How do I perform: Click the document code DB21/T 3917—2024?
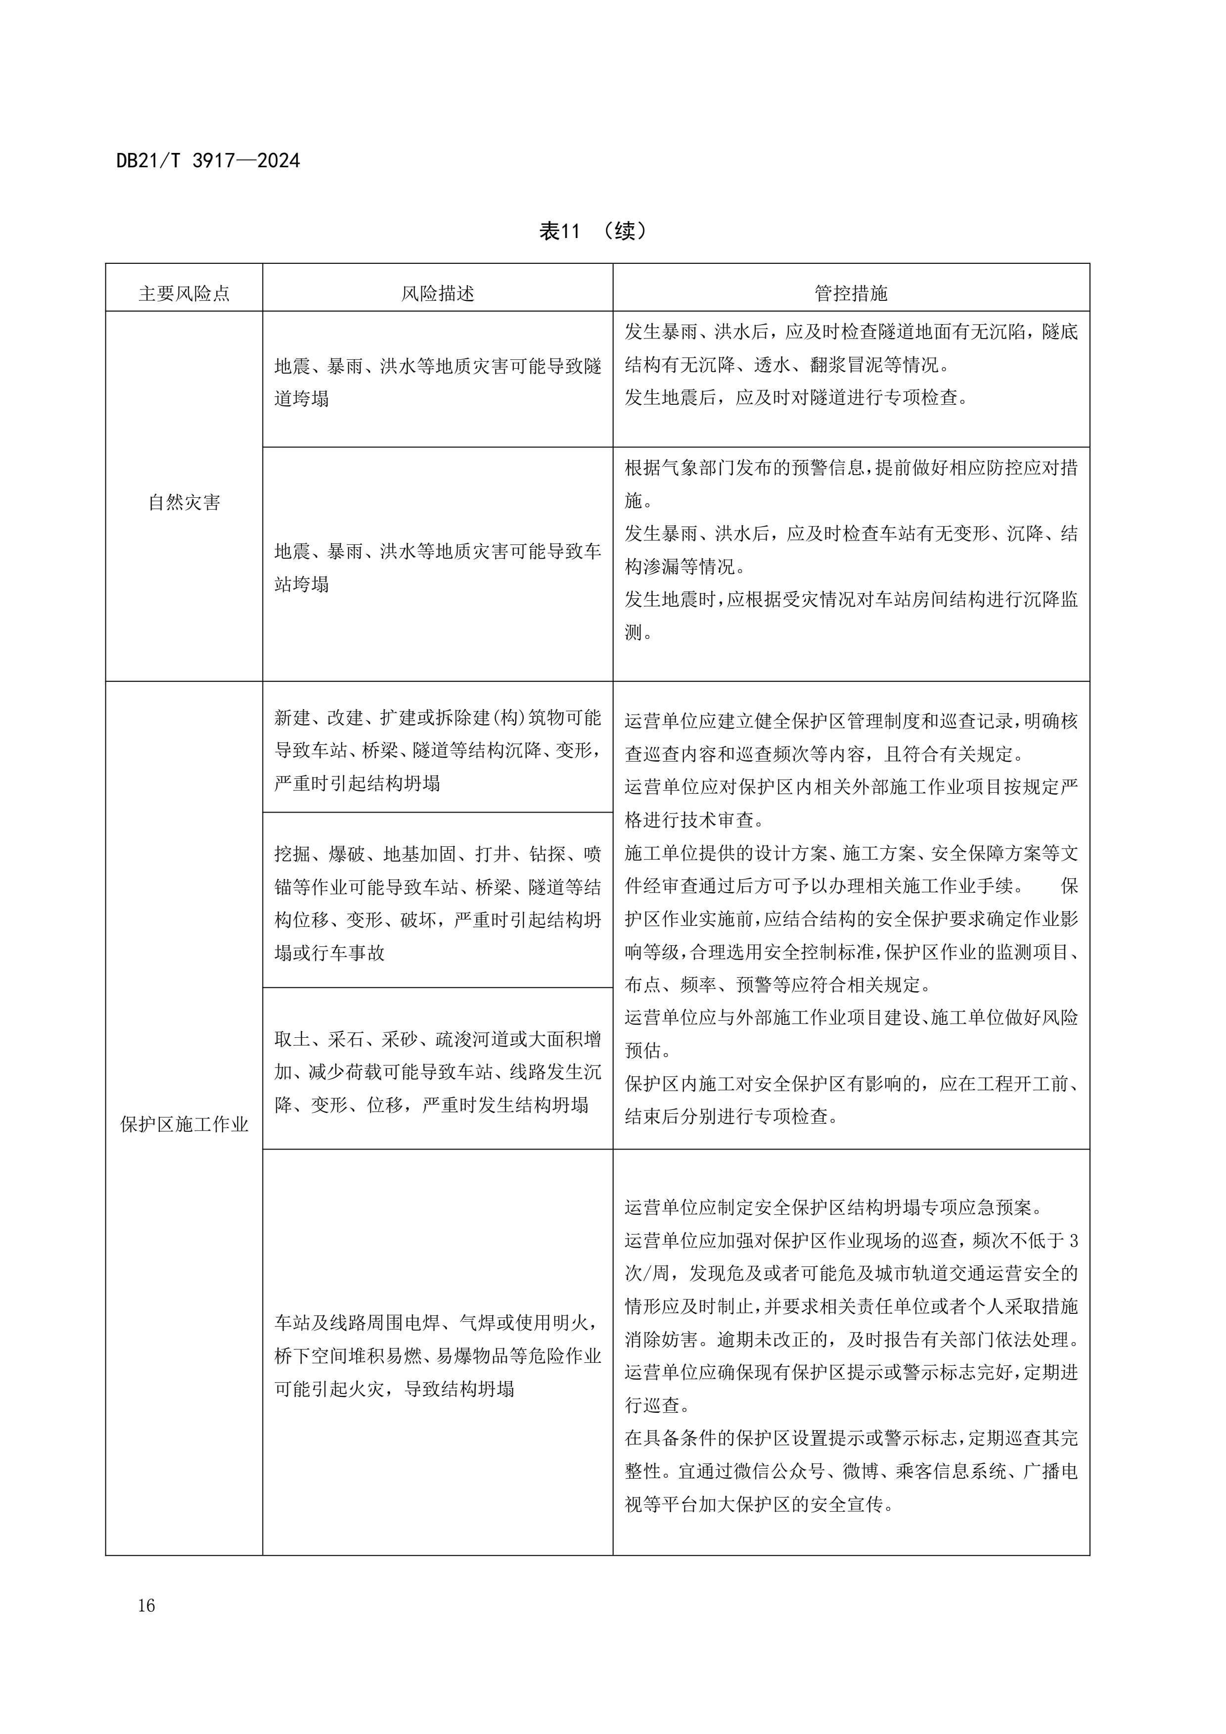(208, 161)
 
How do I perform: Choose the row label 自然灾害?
(184, 502)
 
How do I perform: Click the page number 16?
(146, 1606)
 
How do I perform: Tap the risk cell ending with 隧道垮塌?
(437, 382)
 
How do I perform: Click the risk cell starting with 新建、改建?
(437, 750)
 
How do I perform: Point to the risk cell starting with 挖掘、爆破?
(437, 903)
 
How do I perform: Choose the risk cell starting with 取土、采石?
(437, 1072)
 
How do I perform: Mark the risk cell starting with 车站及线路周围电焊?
(437, 1355)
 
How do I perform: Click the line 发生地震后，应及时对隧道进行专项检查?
(796, 397)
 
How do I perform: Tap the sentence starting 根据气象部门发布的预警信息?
(851, 468)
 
